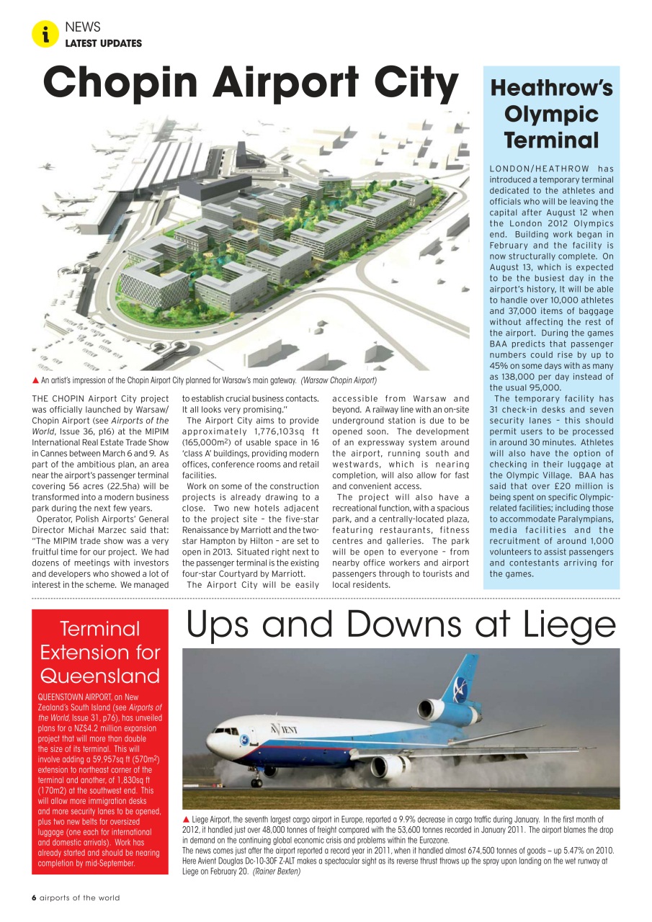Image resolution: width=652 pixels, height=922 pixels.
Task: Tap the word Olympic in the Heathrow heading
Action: pos(551,114)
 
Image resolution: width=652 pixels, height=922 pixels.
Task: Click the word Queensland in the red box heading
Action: pos(100,676)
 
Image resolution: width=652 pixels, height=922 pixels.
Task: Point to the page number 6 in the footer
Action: pos(34,898)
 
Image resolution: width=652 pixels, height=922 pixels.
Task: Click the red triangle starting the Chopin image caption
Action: pos(35,380)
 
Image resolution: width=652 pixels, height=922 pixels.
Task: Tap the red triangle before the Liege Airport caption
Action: pos(187,820)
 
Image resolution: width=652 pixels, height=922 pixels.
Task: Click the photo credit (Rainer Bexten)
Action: pos(276,871)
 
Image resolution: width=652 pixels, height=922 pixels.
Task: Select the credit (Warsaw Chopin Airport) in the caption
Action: pos(339,380)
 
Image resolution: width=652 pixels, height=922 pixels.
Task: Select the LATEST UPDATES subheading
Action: pos(103,43)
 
